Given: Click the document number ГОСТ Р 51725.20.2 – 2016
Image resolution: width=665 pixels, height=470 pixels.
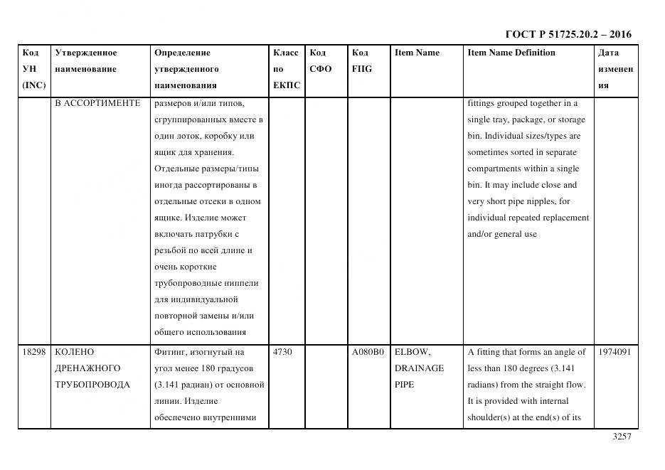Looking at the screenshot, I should [568, 34].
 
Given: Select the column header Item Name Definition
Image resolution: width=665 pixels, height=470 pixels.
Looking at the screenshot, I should [511, 53].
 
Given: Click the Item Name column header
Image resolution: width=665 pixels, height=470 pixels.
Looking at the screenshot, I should [417, 53].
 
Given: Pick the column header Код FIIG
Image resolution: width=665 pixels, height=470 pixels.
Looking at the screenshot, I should [361, 61].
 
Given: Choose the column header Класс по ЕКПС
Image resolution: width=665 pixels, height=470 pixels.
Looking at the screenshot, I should [287, 69].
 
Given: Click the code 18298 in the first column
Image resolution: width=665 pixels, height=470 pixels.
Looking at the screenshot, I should [33, 352].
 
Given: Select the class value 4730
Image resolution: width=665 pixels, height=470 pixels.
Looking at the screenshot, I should [282, 352].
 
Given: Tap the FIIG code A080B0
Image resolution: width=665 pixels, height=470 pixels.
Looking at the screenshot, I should [368, 352].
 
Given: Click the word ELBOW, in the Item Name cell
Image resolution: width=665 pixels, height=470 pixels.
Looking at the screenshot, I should [413, 352].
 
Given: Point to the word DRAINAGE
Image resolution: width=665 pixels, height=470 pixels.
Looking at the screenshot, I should [419, 368].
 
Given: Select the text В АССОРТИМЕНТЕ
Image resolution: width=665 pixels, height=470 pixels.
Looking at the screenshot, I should [97, 103].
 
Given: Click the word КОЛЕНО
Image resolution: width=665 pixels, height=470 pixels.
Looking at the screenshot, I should [75, 352].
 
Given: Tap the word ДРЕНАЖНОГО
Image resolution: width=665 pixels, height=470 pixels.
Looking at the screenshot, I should [87, 368].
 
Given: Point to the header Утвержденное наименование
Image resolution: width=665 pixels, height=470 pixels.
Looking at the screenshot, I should [86, 61].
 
